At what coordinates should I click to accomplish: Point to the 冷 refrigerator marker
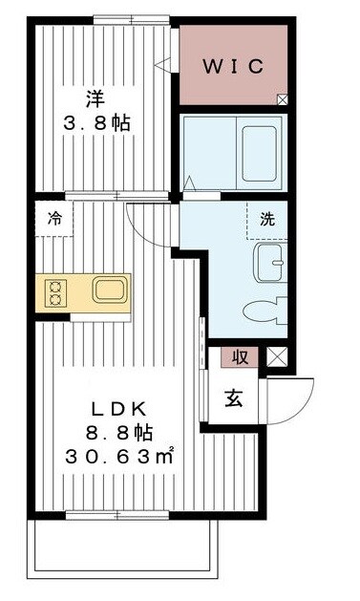coord(54,216)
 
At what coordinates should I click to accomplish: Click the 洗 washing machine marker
coord(266,217)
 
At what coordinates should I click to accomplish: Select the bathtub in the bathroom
coord(259,142)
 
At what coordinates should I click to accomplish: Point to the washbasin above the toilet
coord(269,259)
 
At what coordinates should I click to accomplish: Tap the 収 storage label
coord(241,358)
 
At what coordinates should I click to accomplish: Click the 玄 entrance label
coord(234,398)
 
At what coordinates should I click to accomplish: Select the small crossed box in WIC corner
coord(282,97)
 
